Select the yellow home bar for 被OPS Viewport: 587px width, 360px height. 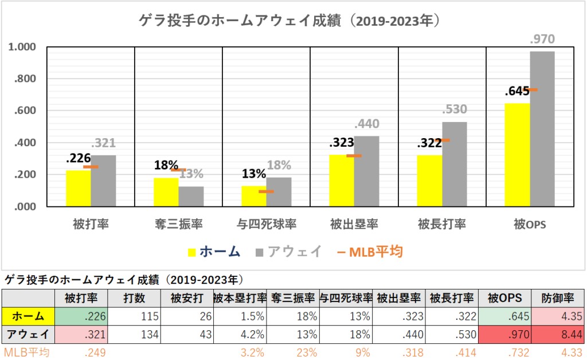coord(517,155)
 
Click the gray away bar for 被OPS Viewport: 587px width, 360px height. coord(542,129)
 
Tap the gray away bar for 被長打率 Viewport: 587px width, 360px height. coord(455,164)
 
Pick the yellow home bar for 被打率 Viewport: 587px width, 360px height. coord(78,188)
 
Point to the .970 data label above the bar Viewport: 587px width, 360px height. coord(542,40)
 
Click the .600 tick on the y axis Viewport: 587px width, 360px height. coord(26,111)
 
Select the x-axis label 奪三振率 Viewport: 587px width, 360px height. coord(178,224)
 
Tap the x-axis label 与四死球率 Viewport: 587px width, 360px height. coord(266,224)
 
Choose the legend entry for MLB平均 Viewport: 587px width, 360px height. coord(373,252)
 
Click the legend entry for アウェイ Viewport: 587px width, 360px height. coord(289,252)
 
